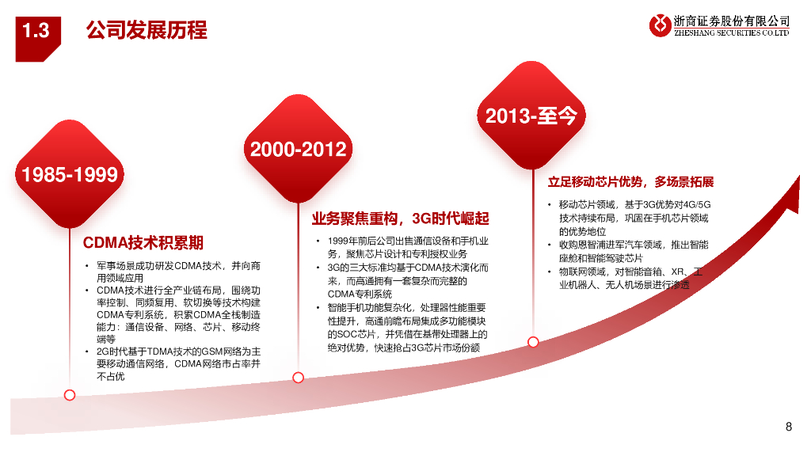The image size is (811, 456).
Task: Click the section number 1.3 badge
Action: point(36,31)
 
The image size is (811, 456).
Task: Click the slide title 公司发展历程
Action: point(146,31)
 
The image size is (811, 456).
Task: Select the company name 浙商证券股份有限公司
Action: point(731,21)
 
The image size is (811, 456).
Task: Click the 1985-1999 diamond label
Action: point(70,174)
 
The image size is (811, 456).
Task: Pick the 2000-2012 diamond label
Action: point(298,149)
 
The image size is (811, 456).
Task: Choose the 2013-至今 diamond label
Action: point(531,116)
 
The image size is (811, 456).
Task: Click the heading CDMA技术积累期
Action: point(143,242)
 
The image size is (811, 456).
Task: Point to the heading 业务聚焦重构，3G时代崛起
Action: point(400,218)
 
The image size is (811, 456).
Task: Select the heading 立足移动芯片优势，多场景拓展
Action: point(631,182)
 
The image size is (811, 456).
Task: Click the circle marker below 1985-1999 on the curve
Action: point(70,394)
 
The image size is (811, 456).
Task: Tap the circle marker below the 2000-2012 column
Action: point(298,378)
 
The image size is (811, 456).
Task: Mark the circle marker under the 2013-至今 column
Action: point(533,341)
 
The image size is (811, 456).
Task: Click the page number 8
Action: point(788,427)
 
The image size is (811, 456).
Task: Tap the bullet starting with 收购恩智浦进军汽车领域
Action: point(634,251)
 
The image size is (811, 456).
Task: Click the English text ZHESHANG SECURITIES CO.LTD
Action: point(731,33)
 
